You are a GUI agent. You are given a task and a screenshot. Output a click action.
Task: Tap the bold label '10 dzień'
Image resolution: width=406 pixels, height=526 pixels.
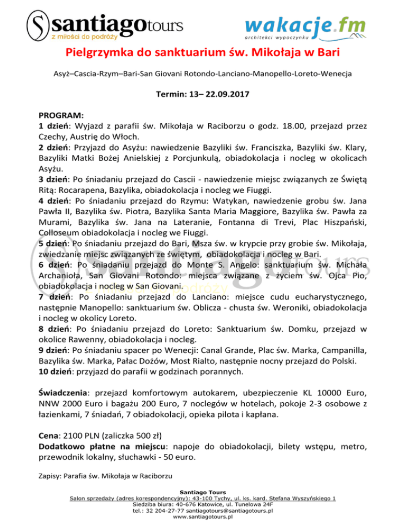tap(56, 372)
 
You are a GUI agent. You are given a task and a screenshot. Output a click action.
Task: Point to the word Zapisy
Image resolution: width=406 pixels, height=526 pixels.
tap(50, 476)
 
